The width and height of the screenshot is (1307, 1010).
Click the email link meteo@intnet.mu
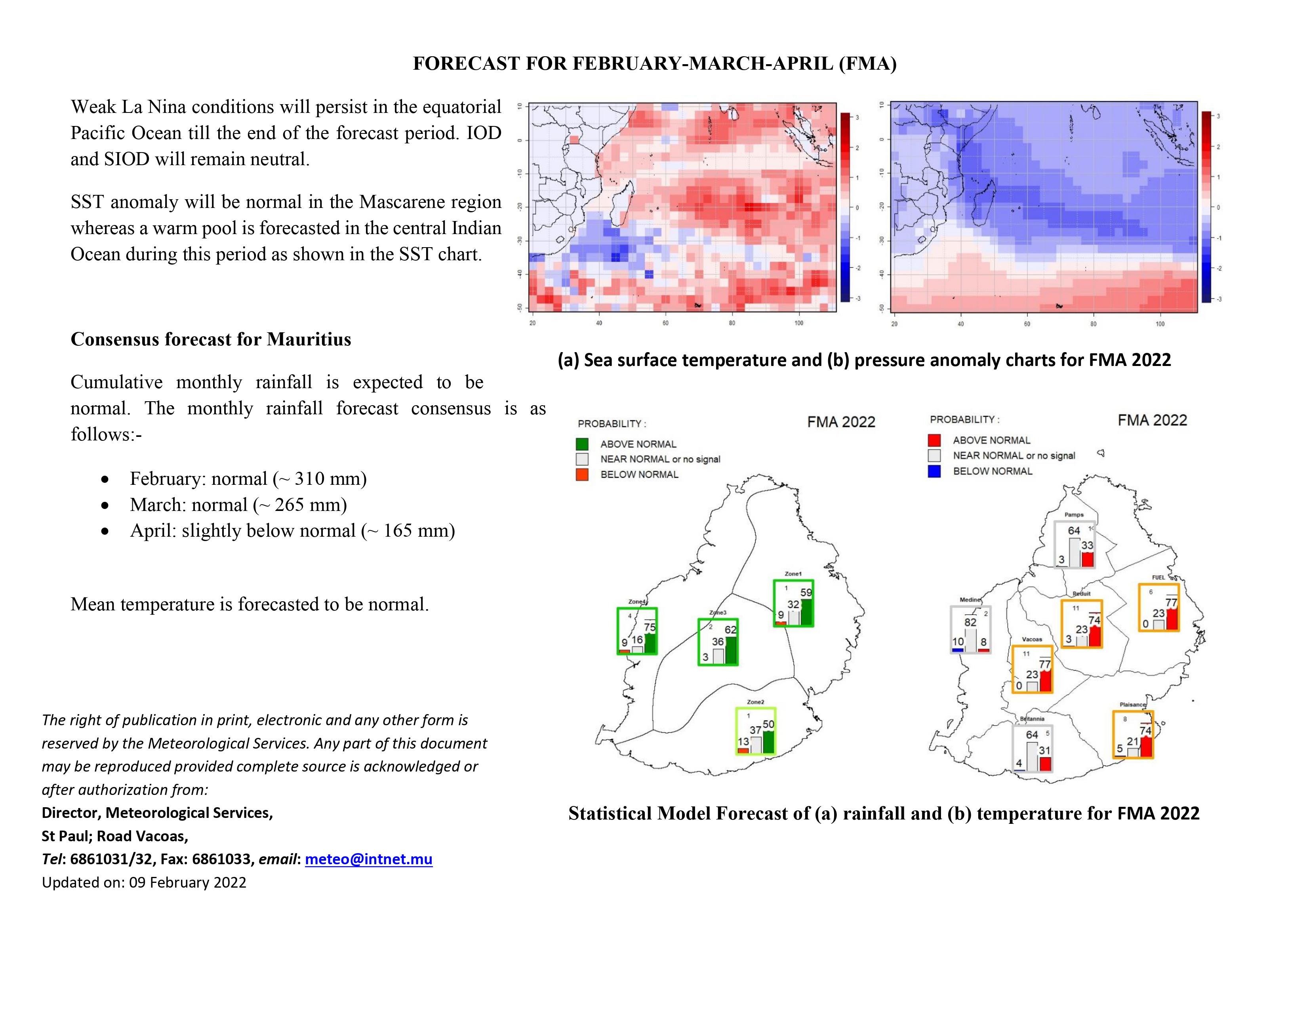(x=369, y=859)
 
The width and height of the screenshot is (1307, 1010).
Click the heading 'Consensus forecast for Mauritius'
(x=211, y=339)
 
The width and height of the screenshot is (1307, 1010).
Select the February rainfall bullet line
(x=248, y=479)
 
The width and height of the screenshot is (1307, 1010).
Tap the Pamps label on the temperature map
(x=1074, y=515)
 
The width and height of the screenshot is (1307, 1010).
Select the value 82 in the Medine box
(x=970, y=622)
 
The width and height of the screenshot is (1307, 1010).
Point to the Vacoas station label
(x=1032, y=639)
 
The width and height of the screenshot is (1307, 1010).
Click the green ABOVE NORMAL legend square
(x=582, y=444)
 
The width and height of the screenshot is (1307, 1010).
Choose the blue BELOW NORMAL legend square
(x=934, y=471)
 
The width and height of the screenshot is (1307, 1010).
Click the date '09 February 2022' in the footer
(x=188, y=882)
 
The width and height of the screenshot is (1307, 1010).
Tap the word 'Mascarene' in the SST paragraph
(x=394, y=202)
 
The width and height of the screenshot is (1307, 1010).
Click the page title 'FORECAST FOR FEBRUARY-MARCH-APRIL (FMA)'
(x=655, y=63)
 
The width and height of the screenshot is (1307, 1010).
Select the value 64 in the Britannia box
(x=1032, y=735)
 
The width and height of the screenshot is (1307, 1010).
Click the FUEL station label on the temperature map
(x=1158, y=577)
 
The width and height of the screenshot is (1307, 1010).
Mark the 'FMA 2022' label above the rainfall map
(x=841, y=422)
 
